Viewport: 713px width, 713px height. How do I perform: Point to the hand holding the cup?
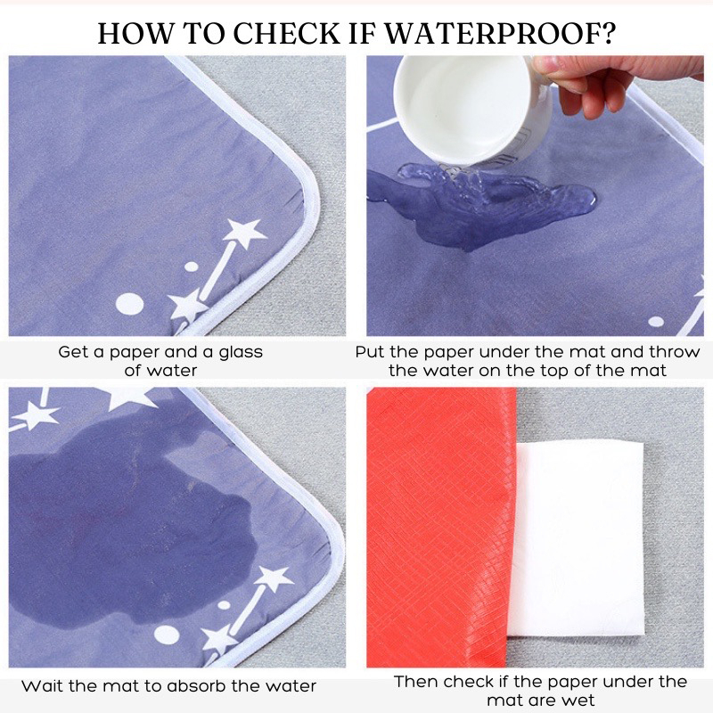(619, 83)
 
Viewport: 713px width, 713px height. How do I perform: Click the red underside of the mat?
(438, 528)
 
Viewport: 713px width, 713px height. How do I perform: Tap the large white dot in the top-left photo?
(129, 304)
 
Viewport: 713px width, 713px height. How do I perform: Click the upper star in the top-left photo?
(244, 233)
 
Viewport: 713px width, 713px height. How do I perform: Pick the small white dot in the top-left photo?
(192, 266)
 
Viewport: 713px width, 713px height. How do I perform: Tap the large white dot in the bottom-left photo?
(167, 635)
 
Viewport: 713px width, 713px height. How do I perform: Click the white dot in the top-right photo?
(656, 322)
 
